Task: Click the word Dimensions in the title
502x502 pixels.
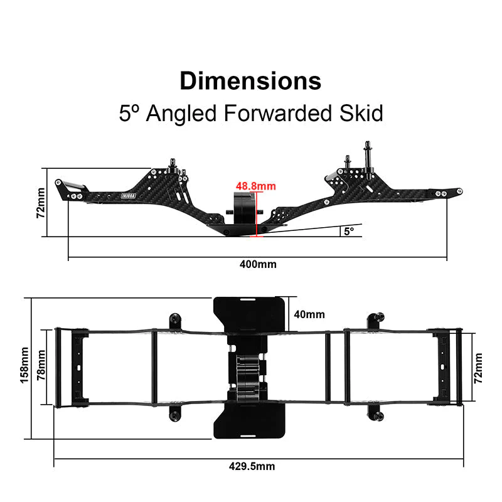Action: [x=250, y=81]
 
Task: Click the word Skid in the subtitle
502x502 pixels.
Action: [x=361, y=113]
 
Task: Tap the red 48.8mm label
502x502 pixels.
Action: [x=256, y=186]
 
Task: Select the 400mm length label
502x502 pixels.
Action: [x=258, y=264]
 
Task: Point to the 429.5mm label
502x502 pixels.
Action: [x=252, y=466]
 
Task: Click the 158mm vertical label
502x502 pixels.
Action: [x=24, y=365]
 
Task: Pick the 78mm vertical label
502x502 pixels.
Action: [x=41, y=365]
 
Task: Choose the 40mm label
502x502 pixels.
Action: [x=309, y=314]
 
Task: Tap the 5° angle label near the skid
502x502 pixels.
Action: [x=349, y=231]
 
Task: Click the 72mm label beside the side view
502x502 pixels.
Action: [x=41, y=203]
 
